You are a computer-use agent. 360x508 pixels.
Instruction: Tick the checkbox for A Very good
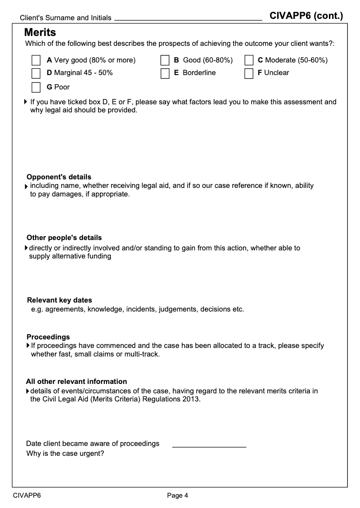click(x=36, y=60)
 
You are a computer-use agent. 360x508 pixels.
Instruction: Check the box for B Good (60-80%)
click(x=165, y=60)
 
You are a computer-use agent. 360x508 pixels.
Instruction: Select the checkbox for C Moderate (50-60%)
click(x=249, y=60)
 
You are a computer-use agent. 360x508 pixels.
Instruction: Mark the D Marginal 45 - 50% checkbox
click(x=36, y=73)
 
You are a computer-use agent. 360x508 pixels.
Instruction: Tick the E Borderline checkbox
click(x=165, y=73)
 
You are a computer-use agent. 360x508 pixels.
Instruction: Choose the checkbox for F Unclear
click(x=249, y=73)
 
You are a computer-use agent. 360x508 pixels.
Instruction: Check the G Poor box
click(x=36, y=87)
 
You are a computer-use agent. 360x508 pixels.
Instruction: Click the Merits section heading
click(x=40, y=32)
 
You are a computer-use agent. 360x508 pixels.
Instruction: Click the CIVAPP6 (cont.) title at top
click(x=306, y=16)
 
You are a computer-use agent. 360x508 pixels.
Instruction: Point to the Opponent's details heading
click(x=59, y=177)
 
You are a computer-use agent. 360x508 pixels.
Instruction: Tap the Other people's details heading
click(x=64, y=237)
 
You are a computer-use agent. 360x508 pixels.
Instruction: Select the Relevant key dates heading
click(x=59, y=300)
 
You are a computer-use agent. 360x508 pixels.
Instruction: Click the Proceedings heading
click(x=48, y=337)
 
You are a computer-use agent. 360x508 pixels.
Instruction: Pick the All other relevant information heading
click(x=76, y=381)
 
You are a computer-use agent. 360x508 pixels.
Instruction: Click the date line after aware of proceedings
click(x=209, y=446)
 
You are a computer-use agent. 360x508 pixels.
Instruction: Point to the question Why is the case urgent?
click(x=65, y=454)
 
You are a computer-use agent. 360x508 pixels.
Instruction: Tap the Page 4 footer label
click(x=177, y=495)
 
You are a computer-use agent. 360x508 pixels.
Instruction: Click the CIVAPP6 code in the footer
click(x=27, y=495)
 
